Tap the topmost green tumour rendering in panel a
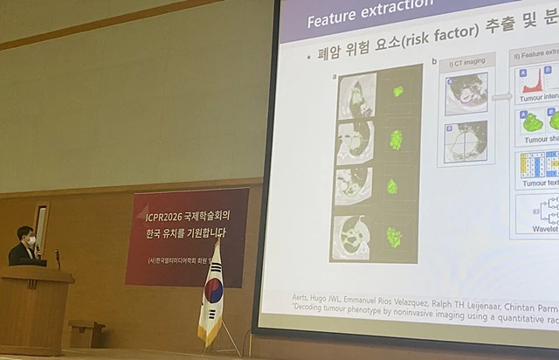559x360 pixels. coord(398,91)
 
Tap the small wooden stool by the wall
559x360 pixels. coord(86,332)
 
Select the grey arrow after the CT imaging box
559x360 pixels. coord(501,96)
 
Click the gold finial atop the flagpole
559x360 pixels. coord(217,238)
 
